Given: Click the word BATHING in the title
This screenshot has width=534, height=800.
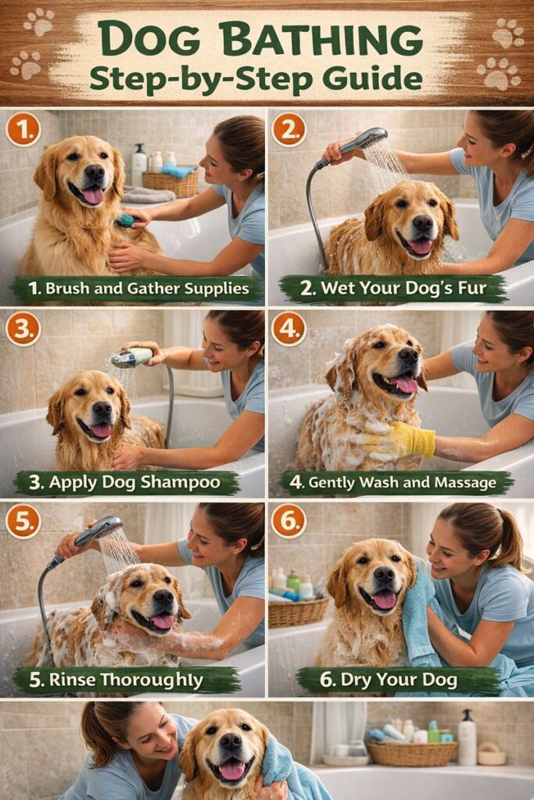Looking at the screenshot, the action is tap(324, 39).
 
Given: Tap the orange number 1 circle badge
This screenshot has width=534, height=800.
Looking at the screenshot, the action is tap(23, 130).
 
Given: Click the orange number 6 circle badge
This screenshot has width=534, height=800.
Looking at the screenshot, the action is tap(289, 521).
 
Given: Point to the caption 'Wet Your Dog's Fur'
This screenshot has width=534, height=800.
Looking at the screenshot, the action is tap(403, 288).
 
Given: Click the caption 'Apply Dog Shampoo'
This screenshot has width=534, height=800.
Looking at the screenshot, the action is tap(134, 482).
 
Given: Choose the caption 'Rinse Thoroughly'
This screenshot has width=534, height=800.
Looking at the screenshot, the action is tap(126, 680).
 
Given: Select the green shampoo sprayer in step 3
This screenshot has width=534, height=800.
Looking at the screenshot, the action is tap(132, 357).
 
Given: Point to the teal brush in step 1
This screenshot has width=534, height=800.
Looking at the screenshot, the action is tap(126, 220).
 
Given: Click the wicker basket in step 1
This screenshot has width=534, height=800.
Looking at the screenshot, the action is tap(170, 184).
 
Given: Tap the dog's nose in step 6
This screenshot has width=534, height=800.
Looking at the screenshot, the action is tap(384, 575).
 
